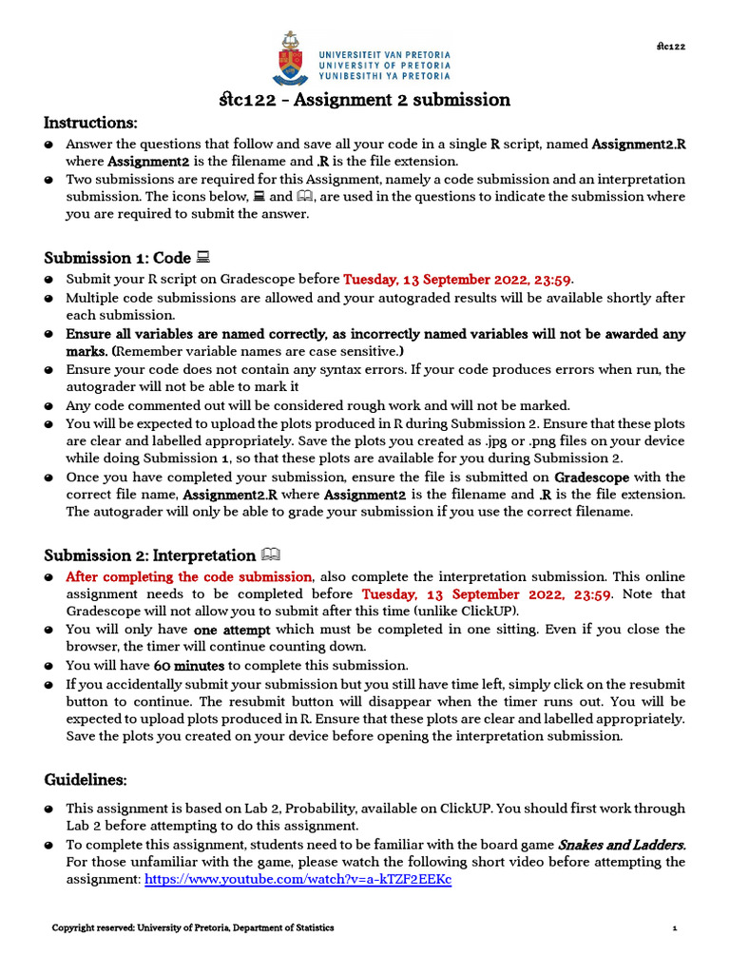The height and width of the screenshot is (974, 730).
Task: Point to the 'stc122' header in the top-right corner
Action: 670,46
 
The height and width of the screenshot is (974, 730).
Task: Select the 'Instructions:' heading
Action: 91,123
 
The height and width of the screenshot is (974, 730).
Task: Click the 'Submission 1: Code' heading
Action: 118,258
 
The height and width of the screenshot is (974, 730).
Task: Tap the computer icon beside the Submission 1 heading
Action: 202,258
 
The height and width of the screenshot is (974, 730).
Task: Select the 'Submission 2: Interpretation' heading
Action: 150,555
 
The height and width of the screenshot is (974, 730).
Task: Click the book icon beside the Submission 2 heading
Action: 271,555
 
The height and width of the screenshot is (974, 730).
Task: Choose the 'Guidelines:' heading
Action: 86,780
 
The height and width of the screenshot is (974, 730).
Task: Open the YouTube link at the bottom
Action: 298,880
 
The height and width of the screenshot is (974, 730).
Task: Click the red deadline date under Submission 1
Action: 458,280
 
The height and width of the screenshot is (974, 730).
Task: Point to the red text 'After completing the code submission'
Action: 188,576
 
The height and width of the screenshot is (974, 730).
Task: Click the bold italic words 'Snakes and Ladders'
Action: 622,845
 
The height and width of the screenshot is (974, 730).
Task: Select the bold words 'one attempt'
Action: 232,630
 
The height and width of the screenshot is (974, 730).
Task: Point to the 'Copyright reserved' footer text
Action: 193,927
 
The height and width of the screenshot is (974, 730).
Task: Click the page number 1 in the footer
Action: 675,927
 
